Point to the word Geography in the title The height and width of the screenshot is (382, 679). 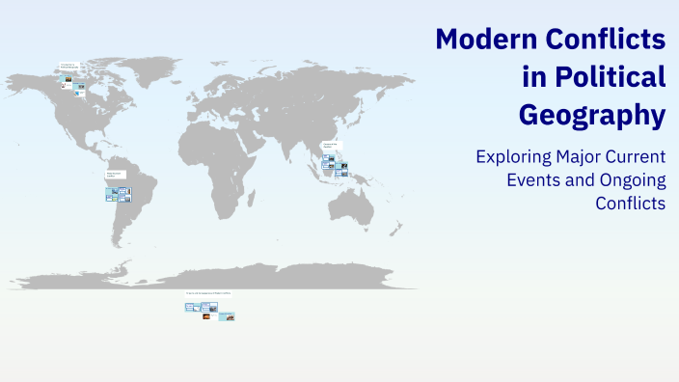tap(592, 115)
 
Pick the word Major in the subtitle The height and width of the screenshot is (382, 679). tap(587, 156)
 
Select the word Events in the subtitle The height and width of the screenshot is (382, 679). tap(530, 179)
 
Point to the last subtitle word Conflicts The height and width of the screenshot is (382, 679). tap(631, 203)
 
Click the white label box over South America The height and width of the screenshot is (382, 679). tap(115, 177)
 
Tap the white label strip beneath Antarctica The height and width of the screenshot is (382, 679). tap(208, 293)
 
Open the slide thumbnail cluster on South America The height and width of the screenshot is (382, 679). tap(117, 194)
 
